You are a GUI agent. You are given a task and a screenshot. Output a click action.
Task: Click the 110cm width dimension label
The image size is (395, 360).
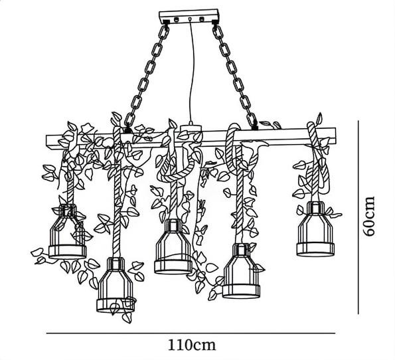pyautogui.click(x=192, y=345)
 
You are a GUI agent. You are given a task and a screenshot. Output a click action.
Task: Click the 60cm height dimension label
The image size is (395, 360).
pyautogui.click(x=368, y=216)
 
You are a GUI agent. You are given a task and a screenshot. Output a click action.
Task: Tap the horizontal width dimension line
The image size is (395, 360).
pyautogui.click(x=191, y=333)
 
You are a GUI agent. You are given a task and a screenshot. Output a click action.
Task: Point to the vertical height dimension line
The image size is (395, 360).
pyautogui.click(x=358, y=217)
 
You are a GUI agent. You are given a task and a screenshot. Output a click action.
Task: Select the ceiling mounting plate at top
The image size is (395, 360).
pyautogui.click(x=189, y=17)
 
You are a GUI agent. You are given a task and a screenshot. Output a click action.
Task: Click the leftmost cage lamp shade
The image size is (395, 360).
pyautogui.click(x=68, y=231)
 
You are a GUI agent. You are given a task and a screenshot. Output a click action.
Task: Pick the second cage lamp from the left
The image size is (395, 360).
pyautogui.click(x=116, y=285)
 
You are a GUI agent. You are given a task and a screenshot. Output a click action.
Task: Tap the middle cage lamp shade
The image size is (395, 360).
pyautogui.click(x=173, y=246)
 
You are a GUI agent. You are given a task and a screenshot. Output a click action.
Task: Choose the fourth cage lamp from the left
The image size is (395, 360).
pyautogui.click(x=242, y=271)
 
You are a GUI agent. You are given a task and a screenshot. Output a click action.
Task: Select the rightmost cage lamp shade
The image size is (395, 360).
pyautogui.click(x=315, y=229)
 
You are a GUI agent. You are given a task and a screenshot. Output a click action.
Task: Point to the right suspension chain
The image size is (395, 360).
pyautogui.click(x=236, y=76)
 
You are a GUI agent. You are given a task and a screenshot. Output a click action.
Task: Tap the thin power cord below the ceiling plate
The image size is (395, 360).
pyautogui.click(x=193, y=70)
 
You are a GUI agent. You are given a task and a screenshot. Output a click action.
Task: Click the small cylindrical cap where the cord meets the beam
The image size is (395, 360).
pyautogui.click(x=191, y=128)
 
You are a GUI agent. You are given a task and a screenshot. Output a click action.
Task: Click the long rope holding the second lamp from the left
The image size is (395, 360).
pyautogui.click(x=117, y=191)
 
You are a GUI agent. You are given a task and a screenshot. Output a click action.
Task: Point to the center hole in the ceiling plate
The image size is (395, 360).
pyautogui.click(x=190, y=19)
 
